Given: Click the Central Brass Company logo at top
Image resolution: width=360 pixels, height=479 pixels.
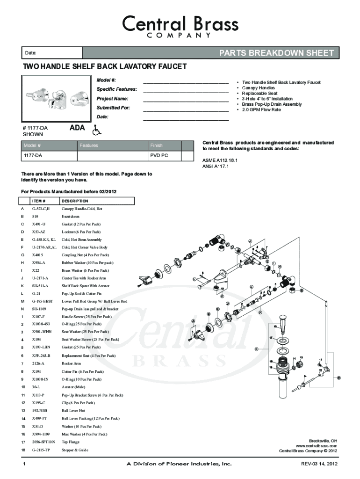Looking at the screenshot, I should pyautogui.click(x=180, y=26).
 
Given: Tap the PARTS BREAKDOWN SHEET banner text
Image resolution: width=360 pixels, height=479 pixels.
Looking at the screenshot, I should pyautogui.click(x=276, y=53).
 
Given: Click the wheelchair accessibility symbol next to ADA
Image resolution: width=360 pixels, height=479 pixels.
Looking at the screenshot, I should pyautogui.click(x=97, y=129).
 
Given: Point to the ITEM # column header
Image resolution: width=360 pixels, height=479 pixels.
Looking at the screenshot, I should pyautogui.click(x=45, y=201).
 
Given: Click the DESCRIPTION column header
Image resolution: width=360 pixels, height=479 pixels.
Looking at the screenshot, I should pyautogui.click(x=75, y=201).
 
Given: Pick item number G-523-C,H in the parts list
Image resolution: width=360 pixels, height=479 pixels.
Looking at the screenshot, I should pyautogui.click(x=41, y=209).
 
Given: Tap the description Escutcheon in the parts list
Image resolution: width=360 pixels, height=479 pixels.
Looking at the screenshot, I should pyautogui.click(x=71, y=217).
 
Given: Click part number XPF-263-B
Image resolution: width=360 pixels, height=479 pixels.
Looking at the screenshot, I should pyautogui.click(x=41, y=356).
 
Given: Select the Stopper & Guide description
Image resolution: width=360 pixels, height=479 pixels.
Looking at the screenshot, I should pyautogui.click(x=75, y=450).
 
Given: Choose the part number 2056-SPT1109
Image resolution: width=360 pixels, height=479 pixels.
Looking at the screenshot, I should pyautogui.click(x=44, y=442).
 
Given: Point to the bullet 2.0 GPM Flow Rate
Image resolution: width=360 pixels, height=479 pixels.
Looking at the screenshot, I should pyautogui.click(x=261, y=110).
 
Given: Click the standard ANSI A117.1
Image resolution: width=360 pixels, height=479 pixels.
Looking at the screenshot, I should pyautogui.click(x=216, y=166).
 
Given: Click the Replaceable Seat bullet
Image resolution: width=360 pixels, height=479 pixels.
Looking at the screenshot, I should pyautogui.click(x=259, y=94).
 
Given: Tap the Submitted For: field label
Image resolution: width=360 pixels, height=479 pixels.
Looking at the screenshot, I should pyautogui.click(x=113, y=108).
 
